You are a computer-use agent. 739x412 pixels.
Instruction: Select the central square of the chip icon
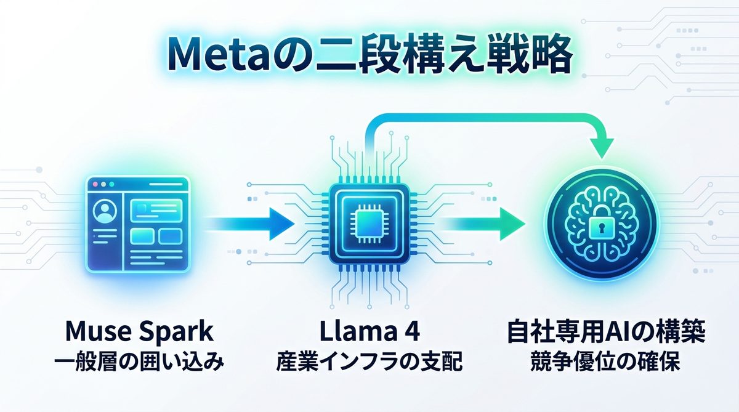tap(369, 222)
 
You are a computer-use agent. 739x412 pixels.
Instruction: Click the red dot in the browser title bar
tap(95, 184)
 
